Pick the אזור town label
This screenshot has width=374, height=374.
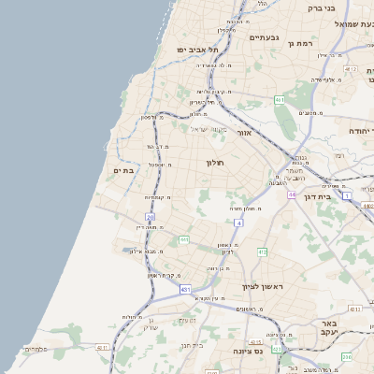click(245, 133)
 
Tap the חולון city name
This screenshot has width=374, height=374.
click(215, 163)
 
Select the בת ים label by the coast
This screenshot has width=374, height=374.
click(124, 171)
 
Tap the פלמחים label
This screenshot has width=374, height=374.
click(35, 349)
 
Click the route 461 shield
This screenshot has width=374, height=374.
click(280, 99)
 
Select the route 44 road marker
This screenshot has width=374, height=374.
click(292, 194)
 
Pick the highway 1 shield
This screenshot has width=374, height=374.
click(347, 196)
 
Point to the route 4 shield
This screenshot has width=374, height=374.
click(239, 224)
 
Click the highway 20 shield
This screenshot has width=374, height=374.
click(150, 217)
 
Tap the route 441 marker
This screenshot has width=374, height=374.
click(184, 240)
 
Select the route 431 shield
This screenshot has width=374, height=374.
click(186, 290)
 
